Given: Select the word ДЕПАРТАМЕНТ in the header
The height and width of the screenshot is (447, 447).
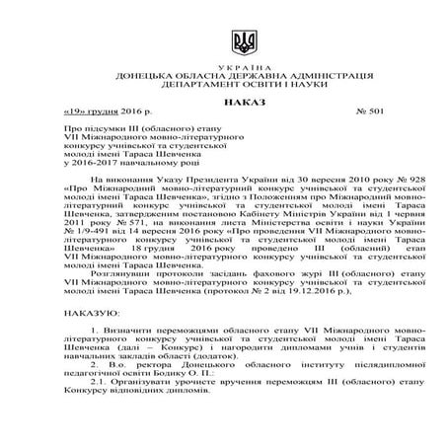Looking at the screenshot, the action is [x=187, y=85].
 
